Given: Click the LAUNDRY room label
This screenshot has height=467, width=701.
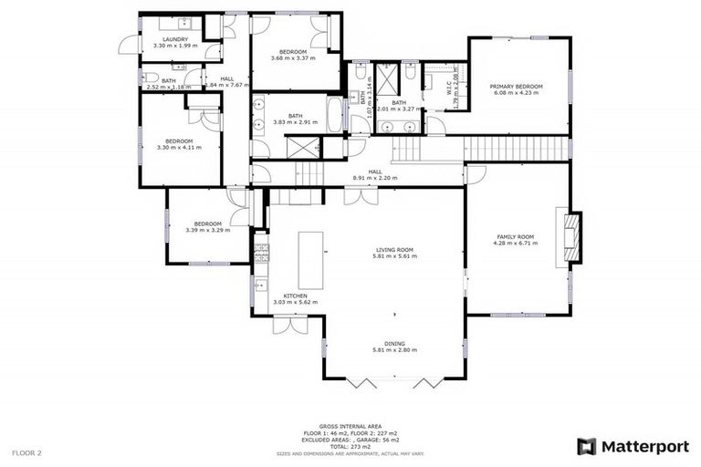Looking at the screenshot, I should pos(175,40).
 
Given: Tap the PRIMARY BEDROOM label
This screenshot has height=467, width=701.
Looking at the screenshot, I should pos(518,86).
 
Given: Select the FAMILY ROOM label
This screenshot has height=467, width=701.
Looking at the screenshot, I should pos(515,236).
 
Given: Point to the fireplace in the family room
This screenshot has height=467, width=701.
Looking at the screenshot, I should pos(570,234).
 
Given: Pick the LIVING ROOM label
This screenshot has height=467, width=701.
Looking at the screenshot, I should pos(394,249).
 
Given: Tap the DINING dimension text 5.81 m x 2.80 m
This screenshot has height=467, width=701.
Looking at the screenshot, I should pos(394,350).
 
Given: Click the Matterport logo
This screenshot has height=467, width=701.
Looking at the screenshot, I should pos(631,446).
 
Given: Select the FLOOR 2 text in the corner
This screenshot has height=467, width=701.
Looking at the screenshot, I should pos(27,451).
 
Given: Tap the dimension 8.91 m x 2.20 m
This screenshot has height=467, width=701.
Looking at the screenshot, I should pos(375,178).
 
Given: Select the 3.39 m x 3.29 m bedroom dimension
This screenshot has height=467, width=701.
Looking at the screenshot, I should pos(207,230).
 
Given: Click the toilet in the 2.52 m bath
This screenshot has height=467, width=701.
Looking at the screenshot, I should pos(146,79).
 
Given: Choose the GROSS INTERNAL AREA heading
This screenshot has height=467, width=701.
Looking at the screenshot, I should pos(350,426).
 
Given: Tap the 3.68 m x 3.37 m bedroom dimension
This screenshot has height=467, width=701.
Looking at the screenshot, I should pos(293,57).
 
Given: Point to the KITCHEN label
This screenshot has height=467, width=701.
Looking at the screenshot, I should pos(295,296).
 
